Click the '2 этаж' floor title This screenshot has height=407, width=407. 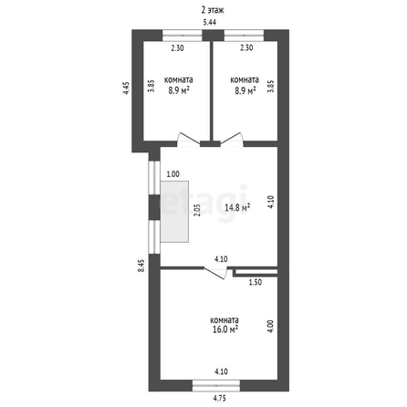213,10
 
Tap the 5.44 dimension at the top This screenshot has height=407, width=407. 210,22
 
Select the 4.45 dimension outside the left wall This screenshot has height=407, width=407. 126,88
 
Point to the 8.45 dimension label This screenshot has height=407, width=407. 141,266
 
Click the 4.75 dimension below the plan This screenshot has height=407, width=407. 220,398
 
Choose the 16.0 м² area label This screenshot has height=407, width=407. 225,329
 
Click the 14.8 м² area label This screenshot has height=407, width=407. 237,208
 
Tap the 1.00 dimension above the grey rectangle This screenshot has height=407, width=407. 173,174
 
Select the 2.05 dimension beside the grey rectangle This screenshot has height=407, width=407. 197,210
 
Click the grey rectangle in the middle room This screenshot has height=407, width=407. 174,212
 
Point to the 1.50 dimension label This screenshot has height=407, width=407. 256,282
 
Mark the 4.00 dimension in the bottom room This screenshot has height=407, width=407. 271,326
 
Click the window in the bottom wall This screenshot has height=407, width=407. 216,386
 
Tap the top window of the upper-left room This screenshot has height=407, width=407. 183,36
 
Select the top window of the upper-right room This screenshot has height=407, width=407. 244,36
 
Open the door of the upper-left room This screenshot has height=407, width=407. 189,141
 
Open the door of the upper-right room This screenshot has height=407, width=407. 232,140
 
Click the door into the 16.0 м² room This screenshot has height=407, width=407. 215,273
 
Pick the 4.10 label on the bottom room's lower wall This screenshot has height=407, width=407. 221,371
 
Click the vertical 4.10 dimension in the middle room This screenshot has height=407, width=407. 271,202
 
